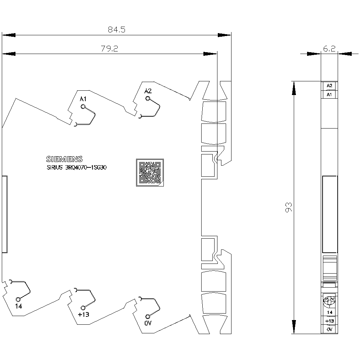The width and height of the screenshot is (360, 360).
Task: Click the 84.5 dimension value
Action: click(117, 30)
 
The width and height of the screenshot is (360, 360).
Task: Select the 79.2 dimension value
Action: click(109, 49)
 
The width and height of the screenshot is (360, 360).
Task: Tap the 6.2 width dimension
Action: click(329, 49)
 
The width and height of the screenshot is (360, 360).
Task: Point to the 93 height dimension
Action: click(289, 207)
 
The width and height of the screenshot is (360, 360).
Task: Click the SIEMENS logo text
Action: click(64, 159)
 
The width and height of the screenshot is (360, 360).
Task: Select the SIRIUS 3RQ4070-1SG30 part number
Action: click(77, 167)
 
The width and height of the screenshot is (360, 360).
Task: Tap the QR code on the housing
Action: click(150, 172)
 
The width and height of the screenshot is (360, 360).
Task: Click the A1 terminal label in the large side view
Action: click(83, 99)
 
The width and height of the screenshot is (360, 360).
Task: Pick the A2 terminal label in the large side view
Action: click(148, 91)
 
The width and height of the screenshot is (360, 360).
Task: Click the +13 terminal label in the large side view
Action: click(84, 314)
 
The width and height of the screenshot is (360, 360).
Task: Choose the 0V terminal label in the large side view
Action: click(148, 323)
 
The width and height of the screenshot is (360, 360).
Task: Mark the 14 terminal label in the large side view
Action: click(19, 306)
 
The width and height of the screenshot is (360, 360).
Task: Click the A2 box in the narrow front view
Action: click(329, 86)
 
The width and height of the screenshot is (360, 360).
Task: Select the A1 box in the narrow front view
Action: click(329, 94)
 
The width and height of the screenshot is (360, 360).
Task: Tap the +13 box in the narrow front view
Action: click(329, 321)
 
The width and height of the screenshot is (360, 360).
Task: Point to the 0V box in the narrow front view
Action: click(329, 329)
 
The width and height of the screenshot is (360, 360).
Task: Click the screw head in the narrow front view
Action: click(329, 301)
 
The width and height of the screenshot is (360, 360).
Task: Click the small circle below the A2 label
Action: click(148, 99)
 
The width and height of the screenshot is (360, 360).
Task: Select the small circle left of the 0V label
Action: click(148, 316)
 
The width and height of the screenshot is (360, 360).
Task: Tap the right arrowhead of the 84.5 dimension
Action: click(224, 35)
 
